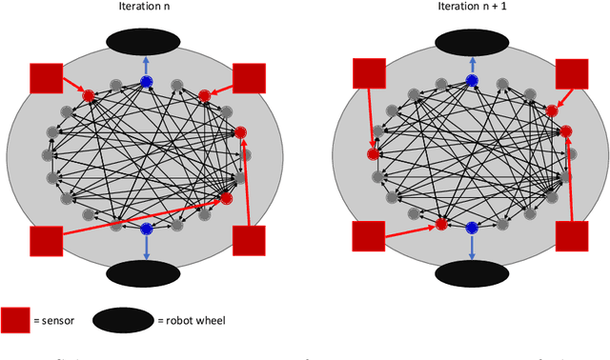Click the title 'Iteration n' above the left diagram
click(145, 10)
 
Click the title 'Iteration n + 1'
click(471, 10)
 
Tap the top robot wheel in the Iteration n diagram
click(145, 41)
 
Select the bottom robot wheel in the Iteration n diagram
click(145, 271)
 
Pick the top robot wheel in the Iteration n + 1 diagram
click(471, 41)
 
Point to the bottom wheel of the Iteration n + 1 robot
click(471, 272)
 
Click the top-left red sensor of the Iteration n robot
click(45, 78)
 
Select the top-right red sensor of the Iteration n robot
click(248, 78)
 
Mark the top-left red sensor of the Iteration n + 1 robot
click(369, 73)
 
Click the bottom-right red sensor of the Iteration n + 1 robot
click(572, 235)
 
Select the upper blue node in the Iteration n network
click(146, 82)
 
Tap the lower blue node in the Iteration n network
click(146, 230)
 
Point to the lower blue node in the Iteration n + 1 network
click(471, 229)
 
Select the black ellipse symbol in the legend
click(123, 321)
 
